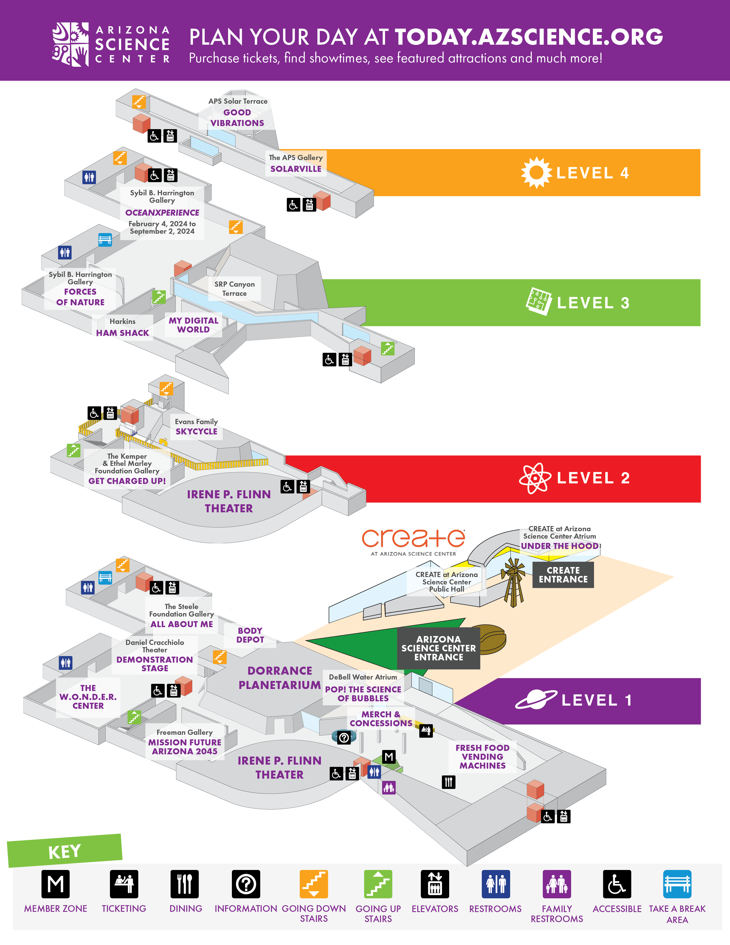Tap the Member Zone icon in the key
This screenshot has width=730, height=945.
pyautogui.click(x=55, y=884)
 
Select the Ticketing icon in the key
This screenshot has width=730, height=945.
pyautogui.click(x=124, y=884)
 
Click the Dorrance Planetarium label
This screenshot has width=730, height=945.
pyautogui.click(x=280, y=678)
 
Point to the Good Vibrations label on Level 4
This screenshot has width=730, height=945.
pyautogui.click(x=237, y=118)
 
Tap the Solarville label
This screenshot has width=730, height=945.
pyautogui.click(x=296, y=169)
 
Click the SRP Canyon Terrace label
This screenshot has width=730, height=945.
pyautogui.click(x=234, y=289)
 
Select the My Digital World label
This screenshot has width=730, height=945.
pyautogui.click(x=193, y=325)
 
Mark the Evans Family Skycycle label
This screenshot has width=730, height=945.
pyautogui.click(x=196, y=431)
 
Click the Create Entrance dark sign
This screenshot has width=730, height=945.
pyautogui.click(x=563, y=575)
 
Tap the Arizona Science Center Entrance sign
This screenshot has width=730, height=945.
pyautogui.click(x=439, y=648)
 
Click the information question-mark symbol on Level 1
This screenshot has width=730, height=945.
pyautogui.click(x=344, y=737)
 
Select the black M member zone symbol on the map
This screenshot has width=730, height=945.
pyautogui.click(x=389, y=757)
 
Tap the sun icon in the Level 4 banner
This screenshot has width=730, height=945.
pyautogui.click(x=536, y=173)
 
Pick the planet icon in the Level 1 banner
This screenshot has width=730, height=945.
pyautogui.click(x=536, y=699)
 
